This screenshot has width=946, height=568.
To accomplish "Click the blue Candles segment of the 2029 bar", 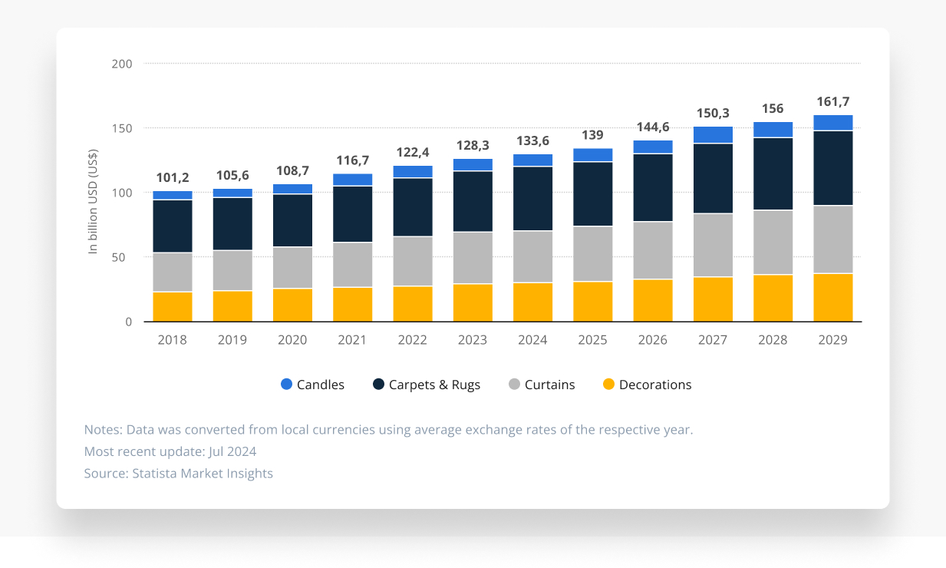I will tap(832, 122).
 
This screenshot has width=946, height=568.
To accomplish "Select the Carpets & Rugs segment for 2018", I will tap(173, 226).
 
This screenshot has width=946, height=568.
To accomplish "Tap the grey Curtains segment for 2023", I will tap(473, 257).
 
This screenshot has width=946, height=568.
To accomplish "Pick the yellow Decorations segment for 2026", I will tap(653, 300).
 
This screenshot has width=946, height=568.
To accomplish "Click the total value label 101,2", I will tap(173, 178).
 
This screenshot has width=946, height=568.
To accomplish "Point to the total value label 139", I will tap(592, 135).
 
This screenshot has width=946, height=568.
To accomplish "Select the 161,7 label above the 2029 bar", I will tap(832, 101).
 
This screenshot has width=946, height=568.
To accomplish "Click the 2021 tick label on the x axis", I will tap(352, 340).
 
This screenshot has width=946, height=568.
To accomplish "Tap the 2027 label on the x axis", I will tap(713, 340).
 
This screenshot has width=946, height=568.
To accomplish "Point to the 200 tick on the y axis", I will tap(122, 64).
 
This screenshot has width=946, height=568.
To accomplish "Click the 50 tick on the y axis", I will tap(125, 257).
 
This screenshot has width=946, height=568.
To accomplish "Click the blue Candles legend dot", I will tap(287, 385).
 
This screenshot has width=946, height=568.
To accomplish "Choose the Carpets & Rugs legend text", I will tap(434, 385).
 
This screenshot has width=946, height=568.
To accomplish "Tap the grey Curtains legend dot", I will tap(515, 385).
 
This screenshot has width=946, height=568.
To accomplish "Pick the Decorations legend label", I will tap(655, 385).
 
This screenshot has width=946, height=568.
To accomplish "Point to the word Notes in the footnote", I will tap(102, 429).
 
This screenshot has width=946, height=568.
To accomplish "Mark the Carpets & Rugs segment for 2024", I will tap(532, 198).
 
